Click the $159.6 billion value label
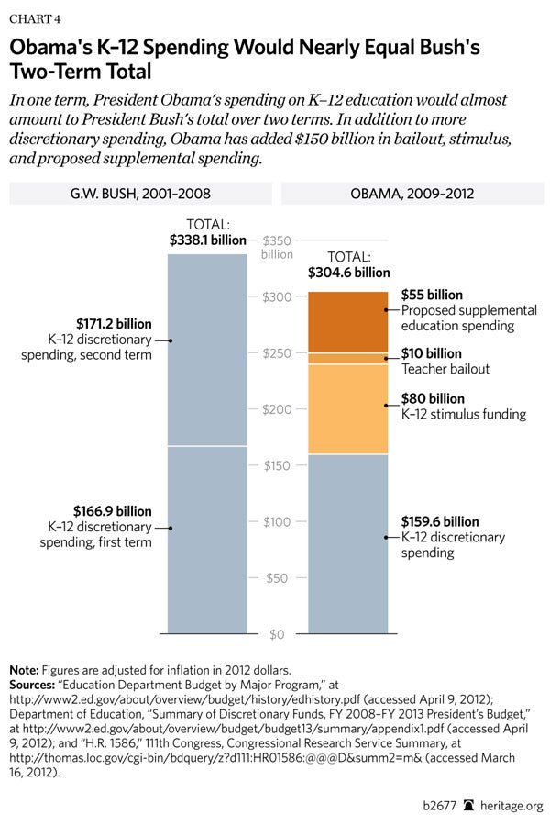click(440, 521)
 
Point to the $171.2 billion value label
click(114, 324)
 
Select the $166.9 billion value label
click(114, 511)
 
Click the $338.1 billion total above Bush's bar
click(208, 240)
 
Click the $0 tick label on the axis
click(275, 634)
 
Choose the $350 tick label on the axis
click(277, 240)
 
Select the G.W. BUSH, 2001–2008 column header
click(141, 194)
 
